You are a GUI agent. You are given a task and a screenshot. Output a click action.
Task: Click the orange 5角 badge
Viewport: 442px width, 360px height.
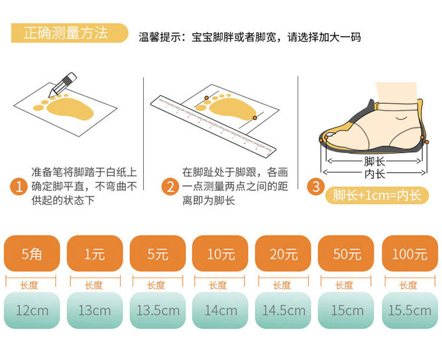[x=32, y=254]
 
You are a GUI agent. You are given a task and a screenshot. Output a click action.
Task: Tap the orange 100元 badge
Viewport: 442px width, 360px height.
[x=410, y=254]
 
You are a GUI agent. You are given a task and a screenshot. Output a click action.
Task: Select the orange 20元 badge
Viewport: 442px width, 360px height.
[x=283, y=254]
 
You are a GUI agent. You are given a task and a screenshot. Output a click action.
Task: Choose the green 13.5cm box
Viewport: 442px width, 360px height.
[x=158, y=310]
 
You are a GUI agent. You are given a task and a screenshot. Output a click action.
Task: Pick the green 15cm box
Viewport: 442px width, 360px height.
[x=346, y=310]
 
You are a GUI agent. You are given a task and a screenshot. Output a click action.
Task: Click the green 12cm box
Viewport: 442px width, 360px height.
[x=32, y=310]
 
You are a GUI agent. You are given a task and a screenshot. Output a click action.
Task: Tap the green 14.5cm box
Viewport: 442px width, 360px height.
[x=283, y=310]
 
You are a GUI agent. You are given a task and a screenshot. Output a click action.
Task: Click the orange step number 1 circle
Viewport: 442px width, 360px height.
[x=19, y=187]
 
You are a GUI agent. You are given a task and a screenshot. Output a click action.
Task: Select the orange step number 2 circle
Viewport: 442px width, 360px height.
[x=170, y=187]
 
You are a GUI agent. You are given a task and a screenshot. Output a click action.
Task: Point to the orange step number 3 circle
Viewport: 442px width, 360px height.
[x=316, y=186]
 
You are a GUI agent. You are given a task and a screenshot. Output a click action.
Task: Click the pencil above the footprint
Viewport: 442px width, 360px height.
[x=62, y=85]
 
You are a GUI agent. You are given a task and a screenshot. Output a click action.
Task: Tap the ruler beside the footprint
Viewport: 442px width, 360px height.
[x=213, y=127]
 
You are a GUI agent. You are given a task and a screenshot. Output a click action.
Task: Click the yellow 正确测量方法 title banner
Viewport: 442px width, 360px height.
[x=69, y=33]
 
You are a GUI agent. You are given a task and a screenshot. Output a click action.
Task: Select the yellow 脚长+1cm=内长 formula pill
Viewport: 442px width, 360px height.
[x=377, y=195]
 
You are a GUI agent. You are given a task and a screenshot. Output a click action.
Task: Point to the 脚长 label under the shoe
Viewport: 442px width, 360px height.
[x=374, y=161]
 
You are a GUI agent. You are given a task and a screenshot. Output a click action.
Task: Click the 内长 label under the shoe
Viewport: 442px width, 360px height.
[x=374, y=173]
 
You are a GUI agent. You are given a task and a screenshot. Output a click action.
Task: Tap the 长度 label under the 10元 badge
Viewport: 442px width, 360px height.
[x=218, y=285]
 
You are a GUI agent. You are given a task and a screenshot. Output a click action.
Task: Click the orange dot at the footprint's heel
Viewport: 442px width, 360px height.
[x=255, y=118]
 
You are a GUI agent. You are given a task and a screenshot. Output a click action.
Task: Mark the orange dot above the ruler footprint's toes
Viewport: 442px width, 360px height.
[x=206, y=98]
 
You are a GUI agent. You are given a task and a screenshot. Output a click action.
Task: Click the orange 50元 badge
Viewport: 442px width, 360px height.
[x=346, y=254]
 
